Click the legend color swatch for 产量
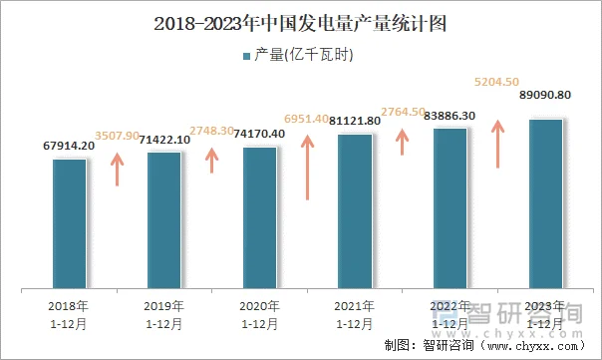click(246, 56)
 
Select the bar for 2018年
click(70, 223)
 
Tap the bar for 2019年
click(164, 220)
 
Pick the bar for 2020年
click(260, 218)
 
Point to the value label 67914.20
click(70, 146)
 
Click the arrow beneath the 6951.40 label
click(309, 155)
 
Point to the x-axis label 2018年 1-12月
click(69, 314)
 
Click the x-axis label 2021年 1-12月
click(354, 314)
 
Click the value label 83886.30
click(450, 116)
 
